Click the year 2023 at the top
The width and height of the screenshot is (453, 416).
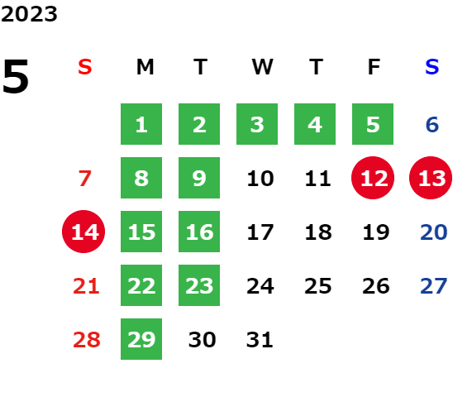pyautogui.click(x=29, y=14)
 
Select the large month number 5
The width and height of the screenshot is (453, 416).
pyautogui.click(x=16, y=76)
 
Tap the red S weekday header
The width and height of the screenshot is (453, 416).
pyautogui.click(x=84, y=67)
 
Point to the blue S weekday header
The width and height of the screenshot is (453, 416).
pyautogui.click(x=432, y=67)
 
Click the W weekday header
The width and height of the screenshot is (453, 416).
pyautogui.click(x=262, y=67)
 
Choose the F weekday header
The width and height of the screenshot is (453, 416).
pyautogui.click(x=374, y=67)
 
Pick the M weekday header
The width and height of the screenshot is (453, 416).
pyautogui.click(x=145, y=67)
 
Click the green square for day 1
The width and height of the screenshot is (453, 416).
pyautogui.click(x=141, y=124)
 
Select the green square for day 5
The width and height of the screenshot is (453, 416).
pyautogui.click(x=373, y=124)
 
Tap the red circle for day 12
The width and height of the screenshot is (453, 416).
pyautogui.click(x=373, y=178)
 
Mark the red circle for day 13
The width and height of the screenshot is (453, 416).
pyautogui.click(x=431, y=178)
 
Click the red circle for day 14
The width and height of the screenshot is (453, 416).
pyautogui.click(x=83, y=232)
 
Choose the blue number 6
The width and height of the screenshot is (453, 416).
pyautogui.click(x=432, y=125)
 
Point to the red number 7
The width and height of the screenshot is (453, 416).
pyautogui.click(x=85, y=179)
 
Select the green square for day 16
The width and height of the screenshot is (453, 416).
pyautogui.click(x=199, y=232)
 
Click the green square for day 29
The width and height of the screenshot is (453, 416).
pyautogui.click(x=141, y=339)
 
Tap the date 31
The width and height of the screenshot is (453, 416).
pyautogui.click(x=260, y=340)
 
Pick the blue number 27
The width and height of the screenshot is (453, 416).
pyautogui.click(x=434, y=286)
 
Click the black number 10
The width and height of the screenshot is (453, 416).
pyautogui.click(x=260, y=179)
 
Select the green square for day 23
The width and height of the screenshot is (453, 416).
pyautogui.click(x=199, y=285)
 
